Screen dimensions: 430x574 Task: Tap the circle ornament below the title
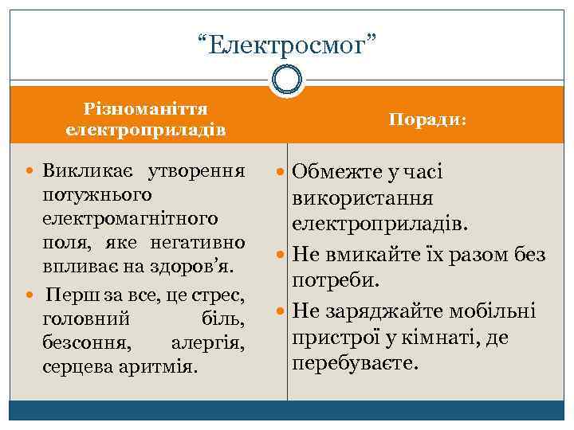point(287,79)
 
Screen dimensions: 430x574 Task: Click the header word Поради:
point(428,119)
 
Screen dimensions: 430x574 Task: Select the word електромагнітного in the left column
point(131,217)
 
